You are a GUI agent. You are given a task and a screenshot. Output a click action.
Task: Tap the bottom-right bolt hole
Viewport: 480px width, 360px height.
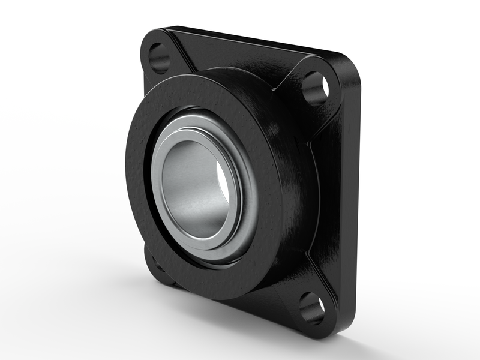pos(312,307)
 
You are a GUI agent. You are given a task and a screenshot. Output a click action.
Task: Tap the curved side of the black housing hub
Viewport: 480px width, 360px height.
pos(294,180)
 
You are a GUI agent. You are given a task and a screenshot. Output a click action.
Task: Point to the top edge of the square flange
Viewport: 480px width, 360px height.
pos(252,39)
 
